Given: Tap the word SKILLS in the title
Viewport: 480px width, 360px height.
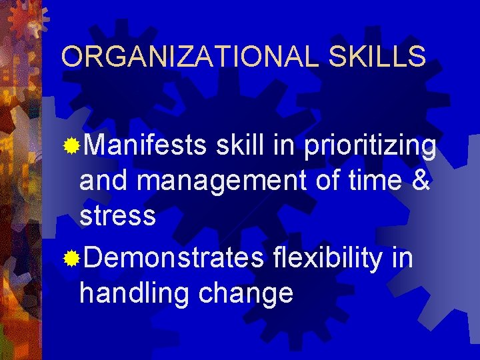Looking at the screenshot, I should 377,57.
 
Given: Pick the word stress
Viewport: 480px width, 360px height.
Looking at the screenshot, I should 117,215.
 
